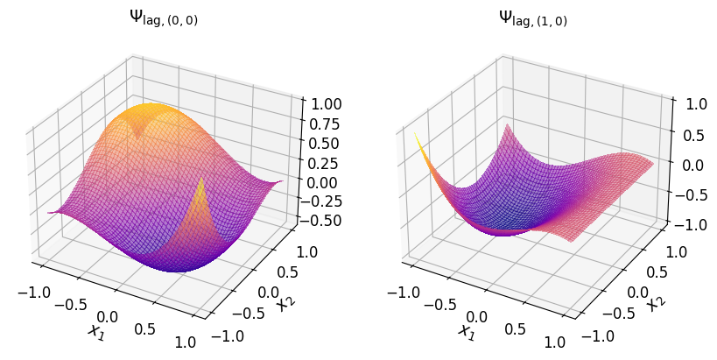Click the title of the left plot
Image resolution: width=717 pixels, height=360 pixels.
coord(164,17)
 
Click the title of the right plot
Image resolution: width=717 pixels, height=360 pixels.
coord(533,17)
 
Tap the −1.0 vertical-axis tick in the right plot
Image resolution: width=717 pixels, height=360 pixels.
coord(692,223)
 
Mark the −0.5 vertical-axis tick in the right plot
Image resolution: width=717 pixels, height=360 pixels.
coord(692,194)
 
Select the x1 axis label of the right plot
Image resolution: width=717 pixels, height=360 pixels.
coord(466,330)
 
